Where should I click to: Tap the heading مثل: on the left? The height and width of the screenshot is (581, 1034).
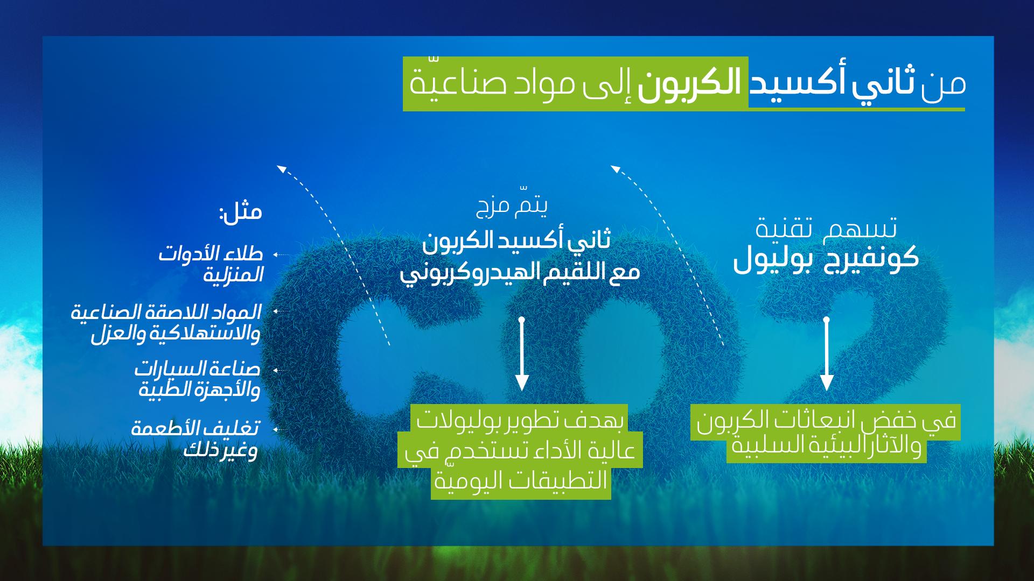click(240, 211)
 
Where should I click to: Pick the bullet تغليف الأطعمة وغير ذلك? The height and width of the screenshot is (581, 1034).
click(195, 439)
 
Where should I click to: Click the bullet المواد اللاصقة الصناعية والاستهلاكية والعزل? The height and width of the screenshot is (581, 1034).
click(167, 322)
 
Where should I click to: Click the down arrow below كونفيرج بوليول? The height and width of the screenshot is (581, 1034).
click(827, 355)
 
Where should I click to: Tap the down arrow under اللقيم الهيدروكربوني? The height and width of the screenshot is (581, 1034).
click(521, 355)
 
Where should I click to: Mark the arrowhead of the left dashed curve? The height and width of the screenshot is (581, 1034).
click(281, 169)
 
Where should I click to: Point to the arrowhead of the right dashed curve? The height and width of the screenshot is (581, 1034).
click(615, 169)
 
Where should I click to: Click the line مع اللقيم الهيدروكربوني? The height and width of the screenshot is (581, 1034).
click(520, 273)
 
